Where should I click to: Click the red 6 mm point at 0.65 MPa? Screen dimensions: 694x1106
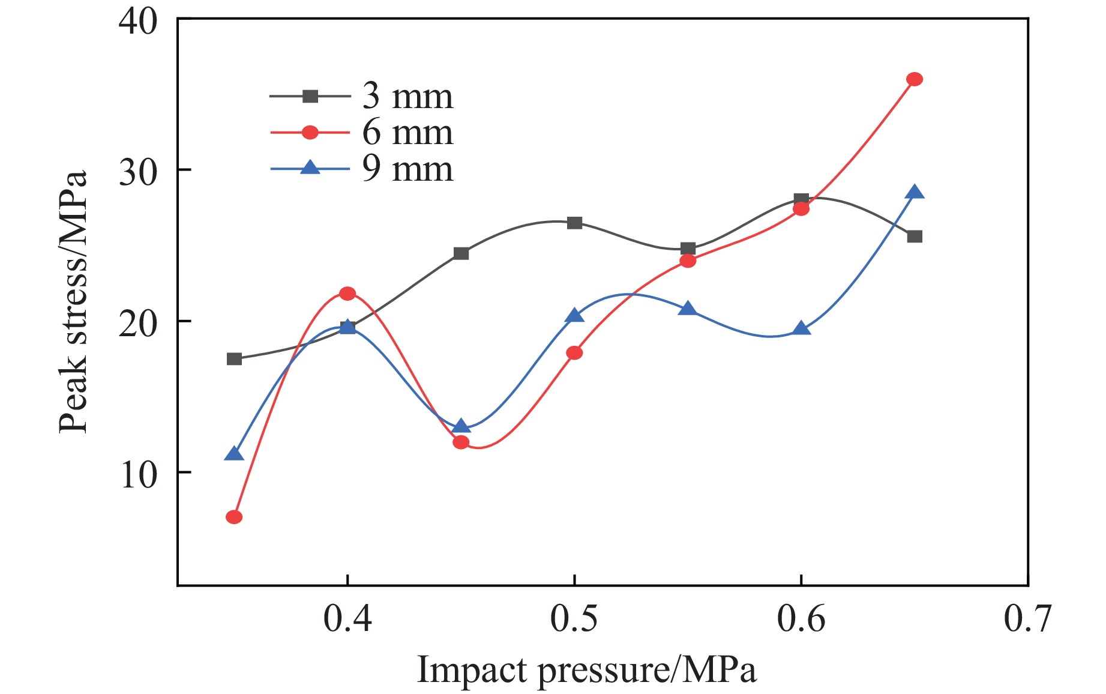tap(914, 79)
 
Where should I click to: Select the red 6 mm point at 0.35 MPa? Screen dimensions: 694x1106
tap(234, 517)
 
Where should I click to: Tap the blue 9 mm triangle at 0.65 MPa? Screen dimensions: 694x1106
tap(914, 193)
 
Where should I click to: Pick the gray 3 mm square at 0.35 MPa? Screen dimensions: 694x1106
tap(234, 359)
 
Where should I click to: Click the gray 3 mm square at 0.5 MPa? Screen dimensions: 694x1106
tap(574, 223)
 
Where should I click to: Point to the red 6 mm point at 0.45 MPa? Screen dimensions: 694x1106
tap(461, 442)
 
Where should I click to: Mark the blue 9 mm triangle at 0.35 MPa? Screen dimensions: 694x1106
tap(234, 454)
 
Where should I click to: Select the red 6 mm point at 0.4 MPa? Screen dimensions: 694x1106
tap(347, 294)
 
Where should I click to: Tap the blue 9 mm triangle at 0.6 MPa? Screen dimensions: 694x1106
tap(801, 328)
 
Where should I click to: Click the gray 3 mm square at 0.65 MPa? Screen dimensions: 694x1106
tap(914, 237)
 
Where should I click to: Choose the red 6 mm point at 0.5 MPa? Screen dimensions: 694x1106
tap(574, 353)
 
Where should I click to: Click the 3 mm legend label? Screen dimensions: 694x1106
tap(407, 96)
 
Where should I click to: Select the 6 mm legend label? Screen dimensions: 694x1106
tap(407, 133)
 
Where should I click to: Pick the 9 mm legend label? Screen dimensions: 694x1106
tap(407, 169)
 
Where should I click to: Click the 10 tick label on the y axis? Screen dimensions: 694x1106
tap(138, 474)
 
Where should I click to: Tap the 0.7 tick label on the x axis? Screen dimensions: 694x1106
tap(1027, 618)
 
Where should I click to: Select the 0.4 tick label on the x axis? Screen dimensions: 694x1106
tap(347, 618)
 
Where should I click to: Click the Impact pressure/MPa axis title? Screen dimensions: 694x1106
tap(586, 670)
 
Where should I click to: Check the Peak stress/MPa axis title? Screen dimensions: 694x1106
tap(73, 301)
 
